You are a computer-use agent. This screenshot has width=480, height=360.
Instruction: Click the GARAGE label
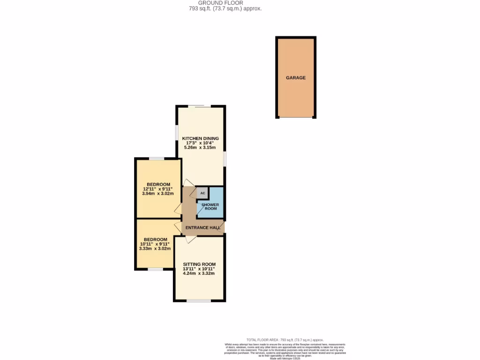[x=296, y=78]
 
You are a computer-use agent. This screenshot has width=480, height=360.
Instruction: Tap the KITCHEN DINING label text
[x=200, y=138]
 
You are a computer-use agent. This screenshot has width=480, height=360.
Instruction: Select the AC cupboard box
[x=202, y=193]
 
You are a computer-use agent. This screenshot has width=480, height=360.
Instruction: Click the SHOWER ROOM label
[x=210, y=206]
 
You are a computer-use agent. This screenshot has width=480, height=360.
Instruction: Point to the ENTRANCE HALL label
[x=202, y=228]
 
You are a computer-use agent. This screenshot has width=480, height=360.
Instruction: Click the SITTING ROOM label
[x=199, y=264]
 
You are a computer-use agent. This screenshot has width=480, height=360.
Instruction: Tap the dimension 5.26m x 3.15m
[x=200, y=148]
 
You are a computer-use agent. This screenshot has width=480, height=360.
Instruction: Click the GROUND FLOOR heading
[x=221, y=3]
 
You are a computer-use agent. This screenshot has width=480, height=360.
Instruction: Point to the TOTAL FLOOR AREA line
[x=285, y=339]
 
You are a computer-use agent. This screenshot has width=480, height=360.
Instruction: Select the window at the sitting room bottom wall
[x=199, y=300]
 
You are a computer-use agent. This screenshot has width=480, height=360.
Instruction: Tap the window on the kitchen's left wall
[x=177, y=132]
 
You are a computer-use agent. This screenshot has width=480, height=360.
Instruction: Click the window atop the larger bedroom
[x=157, y=159]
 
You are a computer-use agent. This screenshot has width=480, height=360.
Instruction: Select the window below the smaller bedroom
[x=155, y=269]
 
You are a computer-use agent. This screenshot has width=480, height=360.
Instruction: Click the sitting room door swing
[x=190, y=240]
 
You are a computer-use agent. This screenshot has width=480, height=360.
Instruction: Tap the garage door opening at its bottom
[x=296, y=117]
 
